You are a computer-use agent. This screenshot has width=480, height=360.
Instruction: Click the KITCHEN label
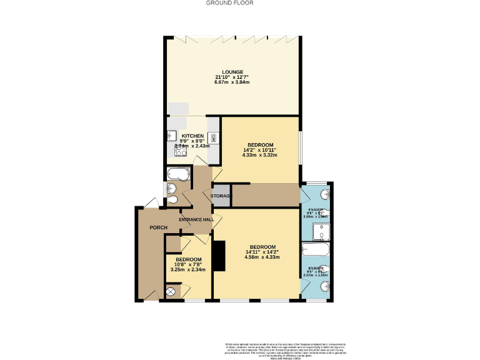click(x=192, y=136)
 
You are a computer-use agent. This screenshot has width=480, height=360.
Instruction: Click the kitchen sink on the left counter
click(x=171, y=134)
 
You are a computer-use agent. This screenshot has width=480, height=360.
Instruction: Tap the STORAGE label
click(x=221, y=196)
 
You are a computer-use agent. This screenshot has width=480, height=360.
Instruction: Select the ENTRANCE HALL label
click(x=196, y=219)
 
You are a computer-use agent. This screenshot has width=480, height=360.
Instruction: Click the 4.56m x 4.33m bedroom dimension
click(x=261, y=257)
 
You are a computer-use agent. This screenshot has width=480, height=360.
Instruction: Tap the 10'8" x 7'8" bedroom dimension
click(x=188, y=264)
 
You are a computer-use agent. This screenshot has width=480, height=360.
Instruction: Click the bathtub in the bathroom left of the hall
click(x=179, y=173)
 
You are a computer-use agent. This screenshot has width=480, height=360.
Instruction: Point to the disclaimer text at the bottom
click(x=284, y=350)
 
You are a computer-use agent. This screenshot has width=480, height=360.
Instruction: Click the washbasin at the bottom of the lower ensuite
click(x=324, y=287)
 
